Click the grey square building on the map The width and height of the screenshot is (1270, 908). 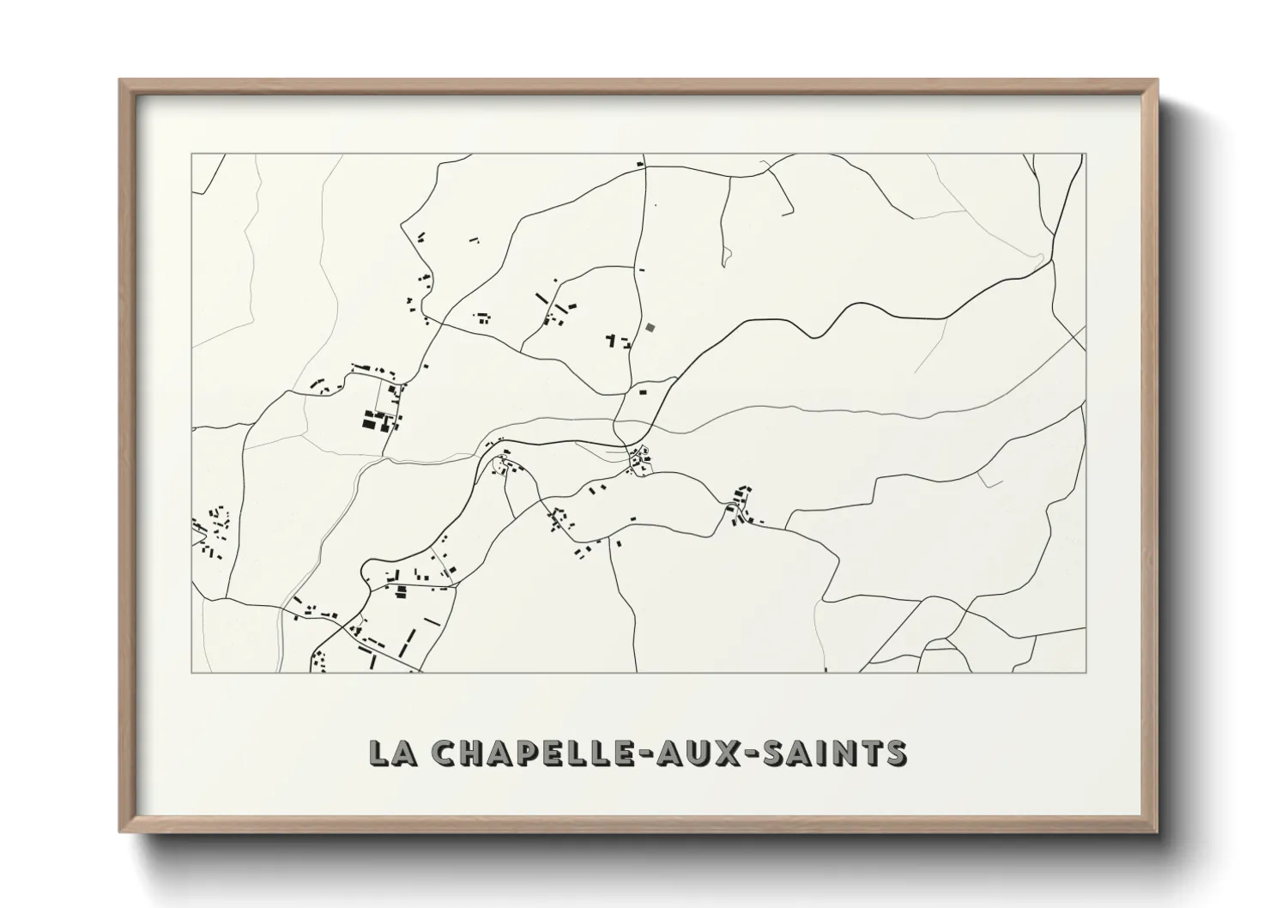click(x=650, y=327)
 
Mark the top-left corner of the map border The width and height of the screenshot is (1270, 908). click(x=191, y=154)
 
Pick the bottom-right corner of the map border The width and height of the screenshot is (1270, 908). click(x=1086, y=672)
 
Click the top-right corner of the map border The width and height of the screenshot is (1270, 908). click(x=1086, y=154)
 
